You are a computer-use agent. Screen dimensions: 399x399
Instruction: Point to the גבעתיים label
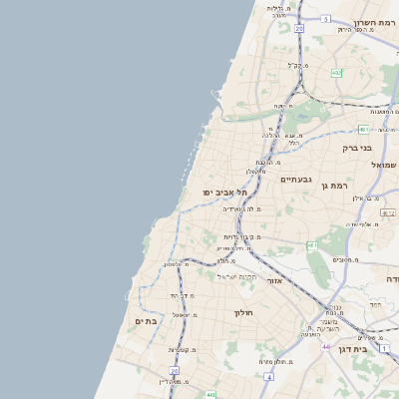[x=296, y=180]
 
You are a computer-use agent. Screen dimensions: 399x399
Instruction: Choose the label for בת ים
[x=145, y=320]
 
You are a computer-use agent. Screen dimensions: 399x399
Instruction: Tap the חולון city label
[x=244, y=313]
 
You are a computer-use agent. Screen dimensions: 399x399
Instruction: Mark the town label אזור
[x=276, y=280]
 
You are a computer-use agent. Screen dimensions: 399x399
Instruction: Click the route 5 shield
[x=326, y=18]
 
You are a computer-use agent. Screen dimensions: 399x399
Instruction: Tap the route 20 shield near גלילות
[x=298, y=28]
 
